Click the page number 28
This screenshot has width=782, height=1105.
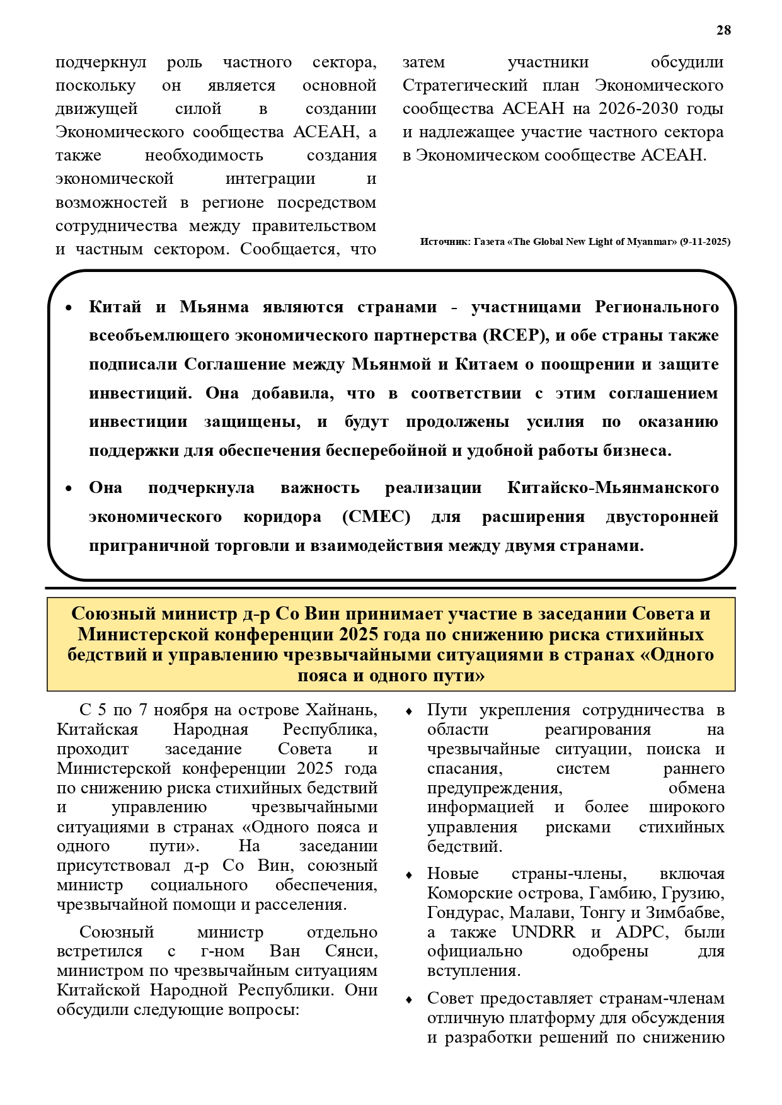(x=723, y=30)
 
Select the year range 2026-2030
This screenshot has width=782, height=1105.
(x=638, y=109)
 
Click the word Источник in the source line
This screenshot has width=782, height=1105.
(x=445, y=242)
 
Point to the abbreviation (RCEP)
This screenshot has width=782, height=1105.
(x=515, y=336)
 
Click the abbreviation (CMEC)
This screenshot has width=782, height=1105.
(x=376, y=517)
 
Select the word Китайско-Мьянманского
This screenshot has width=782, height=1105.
(x=612, y=488)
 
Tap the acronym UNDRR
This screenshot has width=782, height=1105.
(x=543, y=932)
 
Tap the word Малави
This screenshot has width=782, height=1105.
(x=537, y=913)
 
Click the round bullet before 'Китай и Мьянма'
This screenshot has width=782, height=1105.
(x=69, y=308)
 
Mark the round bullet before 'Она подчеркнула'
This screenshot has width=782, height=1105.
(x=69, y=489)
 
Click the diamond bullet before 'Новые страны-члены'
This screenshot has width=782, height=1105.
(x=409, y=875)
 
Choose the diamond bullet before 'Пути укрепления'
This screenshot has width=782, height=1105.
(x=409, y=711)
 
